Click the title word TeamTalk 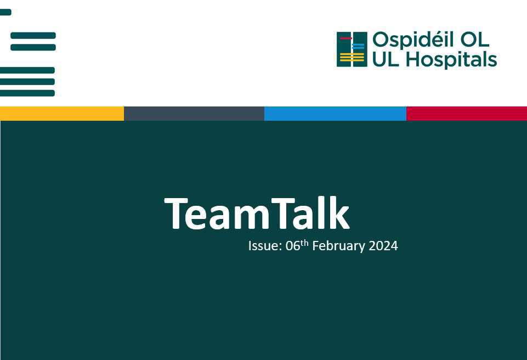[x=257, y=213]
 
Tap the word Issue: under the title [x=264, y=246]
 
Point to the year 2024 [x=383, y=246]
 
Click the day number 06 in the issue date [x=293, y=246]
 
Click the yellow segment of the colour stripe [x=62, y=114]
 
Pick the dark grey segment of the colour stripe [x=194, y=114]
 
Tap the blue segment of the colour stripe [x=335, y=114]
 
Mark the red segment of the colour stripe [x=467, y=114]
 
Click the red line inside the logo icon [x=345, y=38]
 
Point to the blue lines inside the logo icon [x=358, y=47]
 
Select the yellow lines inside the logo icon [x=352, y=57]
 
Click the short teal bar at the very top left [x=5, y=12]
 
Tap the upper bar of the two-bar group [x=33, y=36]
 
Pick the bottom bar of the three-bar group [x=27, y=93]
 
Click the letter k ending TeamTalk [x=341, y=213]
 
